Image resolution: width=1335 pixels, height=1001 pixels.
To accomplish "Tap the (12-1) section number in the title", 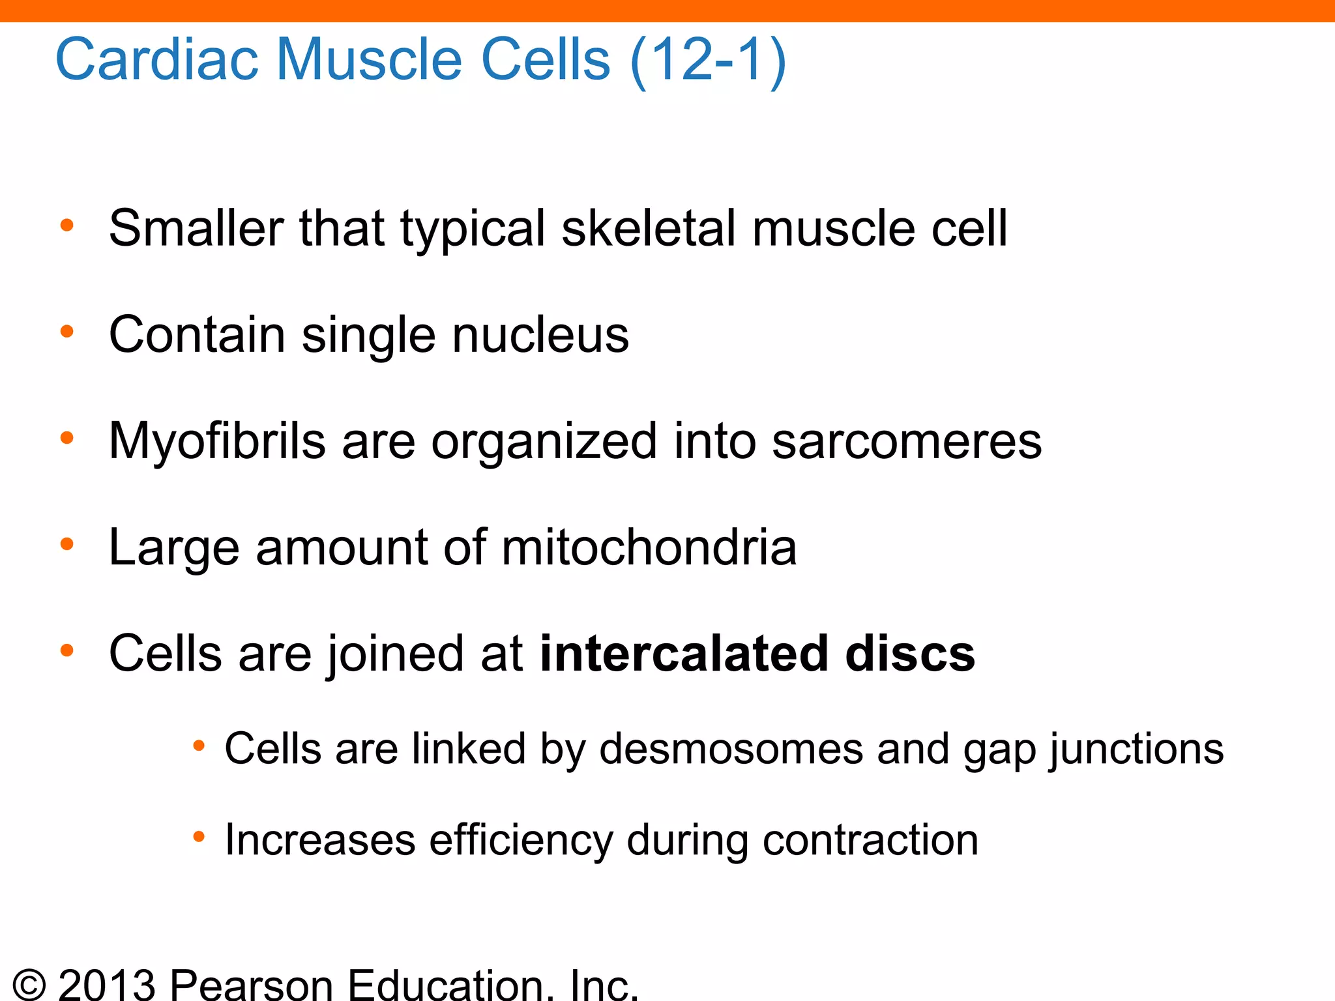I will [708, 60].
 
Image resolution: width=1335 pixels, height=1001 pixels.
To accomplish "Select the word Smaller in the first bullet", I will [196, 228].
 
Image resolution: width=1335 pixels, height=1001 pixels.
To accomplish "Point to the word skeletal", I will [648, 228].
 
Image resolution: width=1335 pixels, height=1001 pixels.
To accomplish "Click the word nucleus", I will [540, 335].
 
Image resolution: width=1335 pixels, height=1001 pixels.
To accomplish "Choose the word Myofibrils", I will [217, 441].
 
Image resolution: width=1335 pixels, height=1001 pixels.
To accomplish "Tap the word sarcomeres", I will [907, 441].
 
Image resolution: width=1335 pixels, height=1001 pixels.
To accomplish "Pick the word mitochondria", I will [649, 547].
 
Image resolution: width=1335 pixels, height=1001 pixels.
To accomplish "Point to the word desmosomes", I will [731, 749].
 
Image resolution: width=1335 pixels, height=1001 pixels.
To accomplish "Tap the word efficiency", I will [521, 841].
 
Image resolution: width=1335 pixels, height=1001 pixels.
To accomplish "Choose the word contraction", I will [870, 841].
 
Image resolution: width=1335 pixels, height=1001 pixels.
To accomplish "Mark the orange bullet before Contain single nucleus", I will [66, 332].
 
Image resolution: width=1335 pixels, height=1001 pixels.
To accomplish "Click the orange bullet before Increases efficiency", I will [199, 836].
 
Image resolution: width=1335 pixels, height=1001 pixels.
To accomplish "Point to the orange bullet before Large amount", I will [66, 544].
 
